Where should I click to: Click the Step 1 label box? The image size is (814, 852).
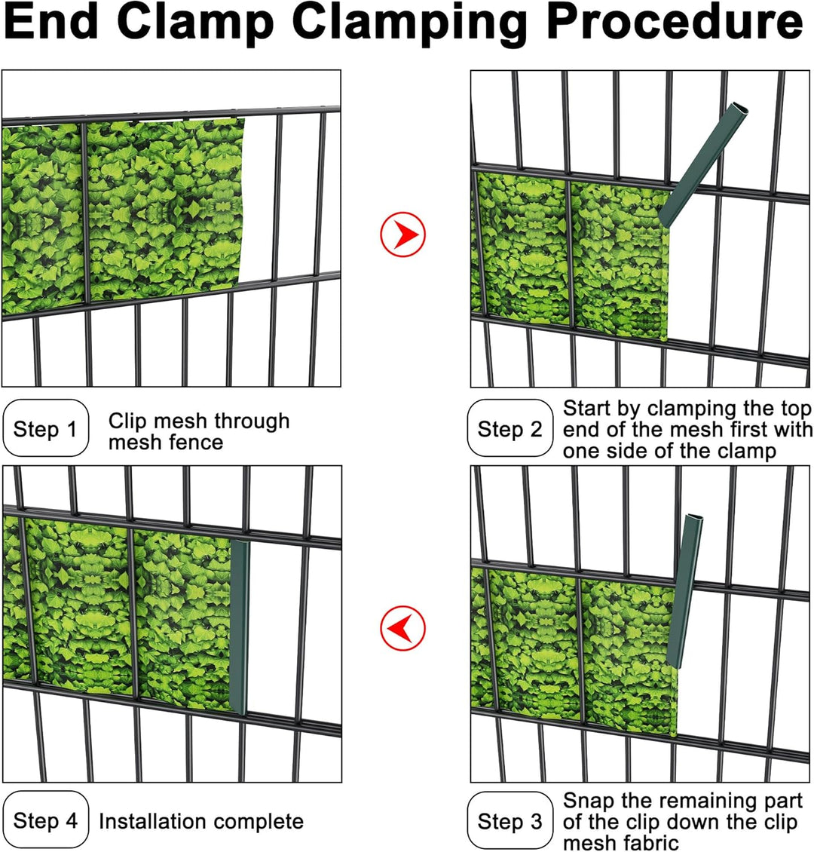click(x=46, y=428)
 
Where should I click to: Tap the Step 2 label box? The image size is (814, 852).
click(x=510, y=428)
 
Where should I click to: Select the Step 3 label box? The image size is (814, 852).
click(x=510, y=821)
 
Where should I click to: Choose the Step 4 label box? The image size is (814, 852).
click(x=46, y=820)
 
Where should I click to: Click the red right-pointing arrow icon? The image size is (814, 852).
click(x=403, y=234)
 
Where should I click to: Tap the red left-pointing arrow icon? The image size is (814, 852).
click(x=403, y=627)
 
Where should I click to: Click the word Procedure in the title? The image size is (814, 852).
click(x=675, y=22)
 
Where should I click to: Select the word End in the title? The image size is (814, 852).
click(x=51, y=22)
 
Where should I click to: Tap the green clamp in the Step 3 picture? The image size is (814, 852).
click(x=685, y=590)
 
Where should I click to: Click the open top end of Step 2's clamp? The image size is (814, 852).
click(x=740, y=107)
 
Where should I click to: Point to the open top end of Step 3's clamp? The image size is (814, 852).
click(x=694, y=518)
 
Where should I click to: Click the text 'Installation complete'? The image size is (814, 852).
click(x=201, y=821)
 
